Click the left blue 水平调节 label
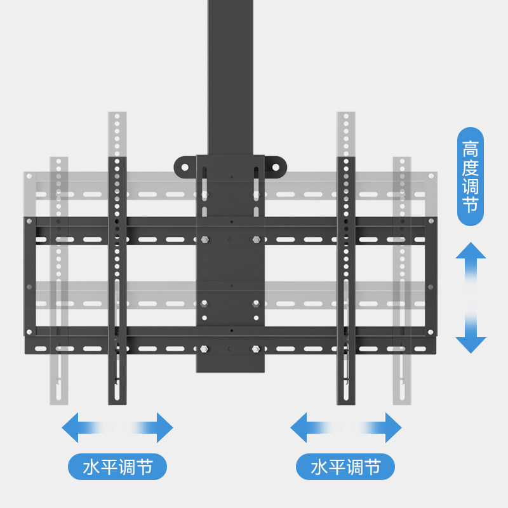[117, 467]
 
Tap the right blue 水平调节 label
[345, 467]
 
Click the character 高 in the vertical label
[471, 149]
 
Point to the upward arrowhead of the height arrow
[471, 251]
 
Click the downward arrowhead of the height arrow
[471, 344]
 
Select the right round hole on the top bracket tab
[276, 168]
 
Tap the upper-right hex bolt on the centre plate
[256, 240]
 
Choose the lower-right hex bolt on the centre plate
[256, 349]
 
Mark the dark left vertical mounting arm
[117, 279]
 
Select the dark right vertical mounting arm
[345, 279]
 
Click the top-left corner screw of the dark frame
[29, 221]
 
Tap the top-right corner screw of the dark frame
[431, 221]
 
